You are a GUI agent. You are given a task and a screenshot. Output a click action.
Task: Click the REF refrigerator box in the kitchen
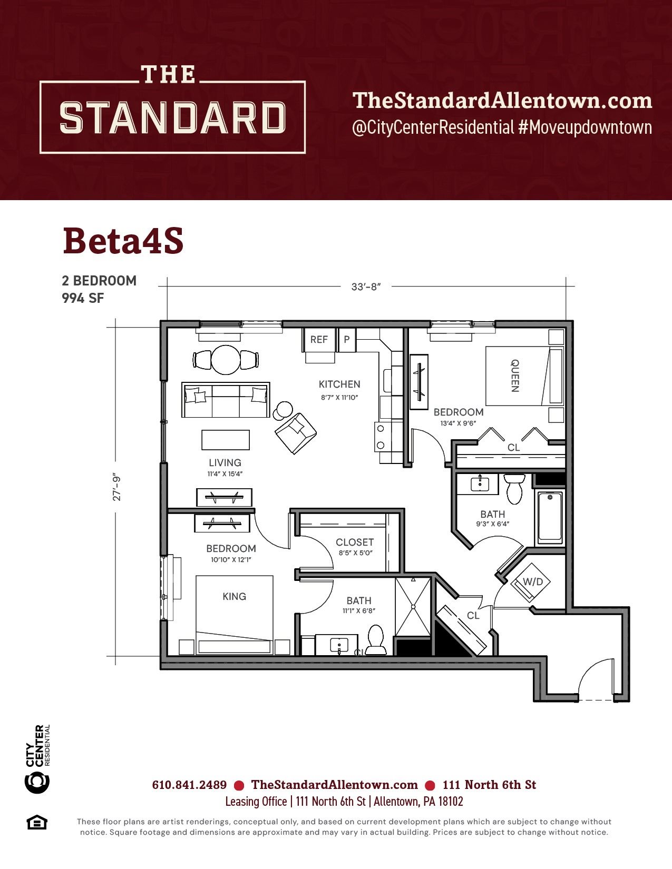click(x=319, y=340)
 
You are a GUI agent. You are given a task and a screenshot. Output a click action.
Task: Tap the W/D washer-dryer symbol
click(x=530, y=582)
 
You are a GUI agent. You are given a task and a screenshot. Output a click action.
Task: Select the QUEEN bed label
click(x=515, y=376)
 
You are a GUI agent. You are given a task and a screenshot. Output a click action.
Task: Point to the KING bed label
click(x=234, y=596)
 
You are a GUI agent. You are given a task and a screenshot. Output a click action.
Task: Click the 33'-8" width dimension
click(x=366, y=287)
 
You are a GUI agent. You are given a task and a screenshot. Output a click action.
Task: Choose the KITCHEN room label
click(x=339, y=384)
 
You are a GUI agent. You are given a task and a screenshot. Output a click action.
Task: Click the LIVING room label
click(x=225, y=463)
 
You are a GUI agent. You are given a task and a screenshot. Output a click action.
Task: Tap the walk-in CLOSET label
click(x=355, y=542)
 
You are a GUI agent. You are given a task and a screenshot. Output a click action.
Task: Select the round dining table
click(x=226, y=360)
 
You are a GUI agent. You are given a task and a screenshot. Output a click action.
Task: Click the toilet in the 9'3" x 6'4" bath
click(x=514, y=489)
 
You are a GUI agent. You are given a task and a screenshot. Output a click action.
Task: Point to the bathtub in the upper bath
click(x=550, y=518)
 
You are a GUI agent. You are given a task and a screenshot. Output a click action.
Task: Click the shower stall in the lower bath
click(x=413, y=606)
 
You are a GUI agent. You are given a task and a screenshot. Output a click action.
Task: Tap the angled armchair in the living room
click(x=296, y=433)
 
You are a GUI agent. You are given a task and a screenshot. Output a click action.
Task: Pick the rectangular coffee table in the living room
click(x=226, y=440)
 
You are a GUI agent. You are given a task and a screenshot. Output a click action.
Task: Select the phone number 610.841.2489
click(x=189, y=785)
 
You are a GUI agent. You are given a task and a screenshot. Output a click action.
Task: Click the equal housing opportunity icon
click(x=37, y=823)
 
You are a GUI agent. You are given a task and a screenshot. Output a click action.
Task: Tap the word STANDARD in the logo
click(x=172, y=117)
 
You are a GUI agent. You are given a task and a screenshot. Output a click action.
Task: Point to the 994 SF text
click(x=83, y=298)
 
